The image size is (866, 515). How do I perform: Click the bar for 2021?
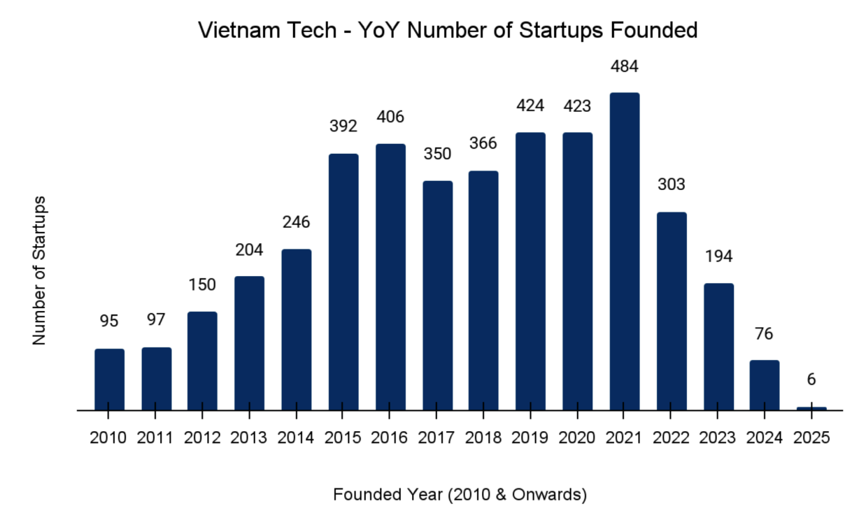click(624, 252)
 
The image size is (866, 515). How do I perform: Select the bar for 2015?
click(343, 282)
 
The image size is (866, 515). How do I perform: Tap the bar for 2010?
click(109, 379)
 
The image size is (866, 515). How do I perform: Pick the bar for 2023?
click(718, 347)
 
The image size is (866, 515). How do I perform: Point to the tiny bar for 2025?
click(811, 408)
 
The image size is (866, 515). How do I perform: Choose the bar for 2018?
click(483, 290)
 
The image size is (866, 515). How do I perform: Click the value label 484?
click(624, 67)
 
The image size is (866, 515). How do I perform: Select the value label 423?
click(577, 107)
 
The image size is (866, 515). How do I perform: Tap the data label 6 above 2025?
click(811, 379)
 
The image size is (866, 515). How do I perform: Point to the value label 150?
click(202, 285)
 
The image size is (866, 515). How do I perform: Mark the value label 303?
click(672, 185)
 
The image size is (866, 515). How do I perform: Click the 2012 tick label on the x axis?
click(202, 438)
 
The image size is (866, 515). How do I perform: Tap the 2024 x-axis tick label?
click(765, 438)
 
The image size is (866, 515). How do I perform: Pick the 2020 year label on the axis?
click(577, 438)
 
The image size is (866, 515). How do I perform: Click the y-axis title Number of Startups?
click(39, 270)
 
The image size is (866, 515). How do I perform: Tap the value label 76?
click(765, 334)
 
